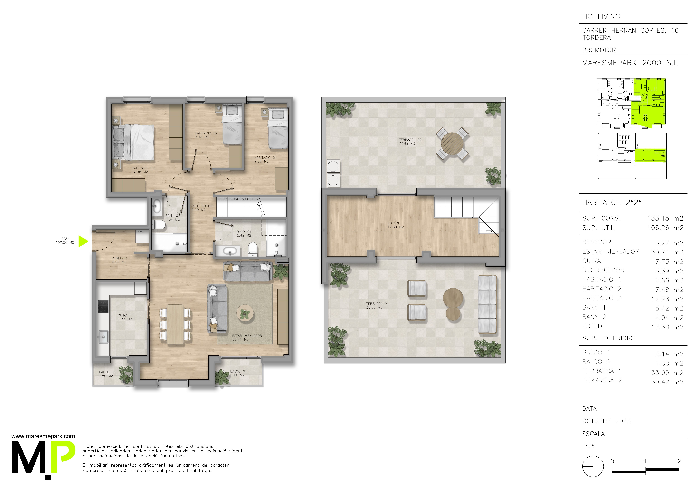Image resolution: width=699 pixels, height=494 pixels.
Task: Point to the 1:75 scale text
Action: (x=589, y=446)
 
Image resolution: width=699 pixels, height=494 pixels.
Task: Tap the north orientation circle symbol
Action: (x=593, y=466)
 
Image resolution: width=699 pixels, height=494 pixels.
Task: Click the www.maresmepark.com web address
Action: (x=43, y=436)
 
